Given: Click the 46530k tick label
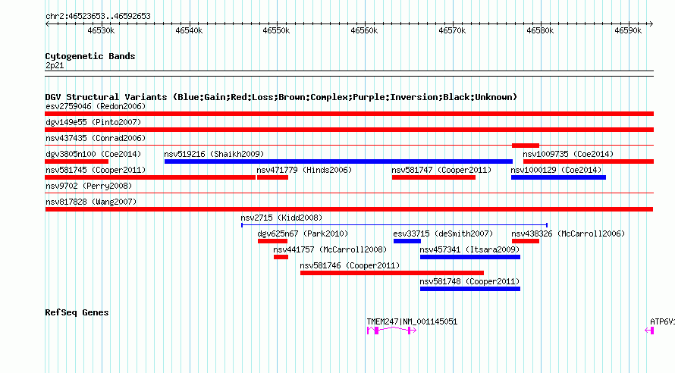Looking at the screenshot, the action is (x=101, y=30).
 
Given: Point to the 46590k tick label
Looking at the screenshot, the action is (x=628, y=30).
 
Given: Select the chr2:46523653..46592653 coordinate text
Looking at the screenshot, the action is (x=98, y=17).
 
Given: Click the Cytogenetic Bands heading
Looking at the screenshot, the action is (x=90, y=56).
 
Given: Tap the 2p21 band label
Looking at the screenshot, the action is (x=55, y=65).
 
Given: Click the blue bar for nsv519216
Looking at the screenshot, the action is (x=338, y=161).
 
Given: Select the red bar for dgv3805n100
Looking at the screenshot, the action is (x=77, y=161).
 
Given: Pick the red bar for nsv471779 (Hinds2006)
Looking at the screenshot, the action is (x=272, y=177).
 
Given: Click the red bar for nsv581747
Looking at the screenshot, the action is (x=434, y=177).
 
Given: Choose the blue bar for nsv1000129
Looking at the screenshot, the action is (x=558, y=177).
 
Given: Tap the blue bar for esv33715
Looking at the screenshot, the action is (x=407, y=241).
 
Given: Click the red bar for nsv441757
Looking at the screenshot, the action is (x=281, y=257).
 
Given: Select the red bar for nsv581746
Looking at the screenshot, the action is (x=392, y=273).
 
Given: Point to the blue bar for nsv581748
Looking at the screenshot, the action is (x=470, y=289).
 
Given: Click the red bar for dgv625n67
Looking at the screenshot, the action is (x=272, y=241).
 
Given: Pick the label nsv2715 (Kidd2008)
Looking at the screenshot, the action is (x=281, y=218).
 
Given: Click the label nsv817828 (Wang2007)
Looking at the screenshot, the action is (x=91, y=202).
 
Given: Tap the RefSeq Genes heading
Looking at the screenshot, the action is (x=77, y=312).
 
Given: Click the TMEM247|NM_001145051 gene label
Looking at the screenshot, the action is (x=412, y=321).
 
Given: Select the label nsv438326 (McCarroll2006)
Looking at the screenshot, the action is (x=568, y=234).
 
